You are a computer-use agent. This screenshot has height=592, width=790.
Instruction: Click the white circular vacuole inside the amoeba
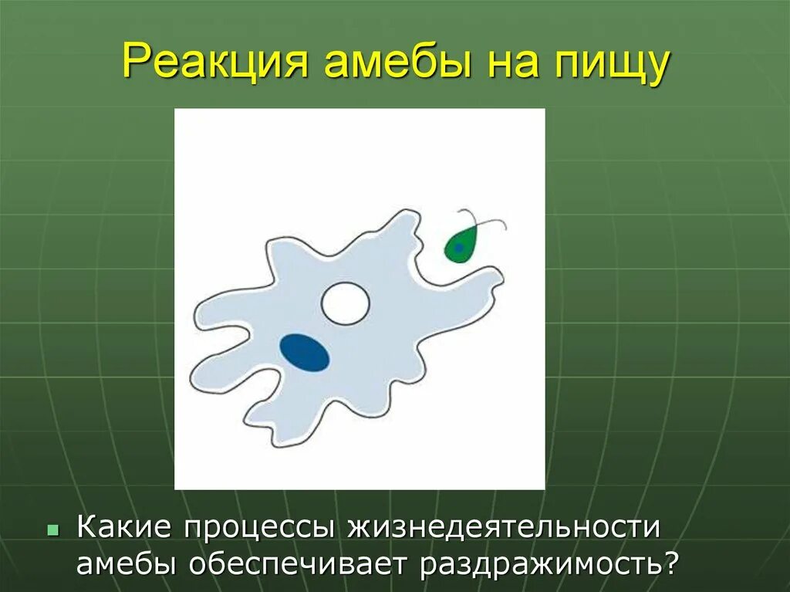pyautogui.click(x=345, y=303)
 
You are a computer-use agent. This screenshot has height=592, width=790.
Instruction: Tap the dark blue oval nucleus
pyautogui.click(x=305, y=353)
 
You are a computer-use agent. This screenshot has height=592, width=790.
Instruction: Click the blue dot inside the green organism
pyautogui.click(x=459, y=248)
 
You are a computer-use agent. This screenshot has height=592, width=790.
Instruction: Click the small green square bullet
pyautogui.click(x=53, y=530)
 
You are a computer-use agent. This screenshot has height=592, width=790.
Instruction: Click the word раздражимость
pyautogui.click(x=539, y=565)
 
